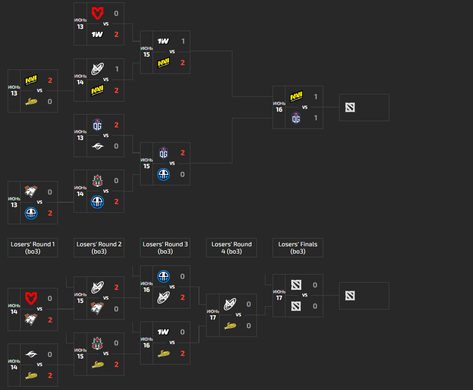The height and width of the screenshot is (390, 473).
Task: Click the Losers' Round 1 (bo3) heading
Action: tap(33, 248)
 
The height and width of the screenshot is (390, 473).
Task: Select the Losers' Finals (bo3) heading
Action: tap(297, 248)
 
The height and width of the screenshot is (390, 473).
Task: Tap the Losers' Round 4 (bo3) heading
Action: tap(231, 248)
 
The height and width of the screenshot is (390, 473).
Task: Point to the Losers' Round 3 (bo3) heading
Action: tap(165, 248)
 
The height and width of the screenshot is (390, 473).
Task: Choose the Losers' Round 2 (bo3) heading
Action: tap(99, 248)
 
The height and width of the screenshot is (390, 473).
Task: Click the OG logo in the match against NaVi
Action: tap(296, 118)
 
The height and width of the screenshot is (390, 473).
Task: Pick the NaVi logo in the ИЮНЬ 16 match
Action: tap(296, 97)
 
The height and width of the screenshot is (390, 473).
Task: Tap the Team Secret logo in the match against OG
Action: tap(98, 146)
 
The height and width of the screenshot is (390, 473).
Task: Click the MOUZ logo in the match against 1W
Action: tap(98, 13)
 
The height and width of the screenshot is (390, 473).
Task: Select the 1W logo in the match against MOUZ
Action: tap(98, 34)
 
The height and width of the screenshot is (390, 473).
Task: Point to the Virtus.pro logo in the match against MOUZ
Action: tap(31, 320)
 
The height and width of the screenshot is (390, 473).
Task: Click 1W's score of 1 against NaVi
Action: tap(183, 41)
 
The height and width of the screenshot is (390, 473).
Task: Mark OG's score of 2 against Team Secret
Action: tap(116, 125)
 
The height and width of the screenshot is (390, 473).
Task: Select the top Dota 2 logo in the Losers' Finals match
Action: tap(296, 285)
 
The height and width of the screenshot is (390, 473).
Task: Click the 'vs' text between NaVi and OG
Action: tap(305, 107)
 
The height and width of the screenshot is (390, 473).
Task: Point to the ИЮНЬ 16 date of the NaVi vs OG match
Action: tap(279, 107)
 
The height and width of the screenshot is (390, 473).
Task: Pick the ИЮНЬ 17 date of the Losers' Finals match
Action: tap(279, 295)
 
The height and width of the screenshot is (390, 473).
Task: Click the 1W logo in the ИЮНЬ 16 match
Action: tap(164, 332)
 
